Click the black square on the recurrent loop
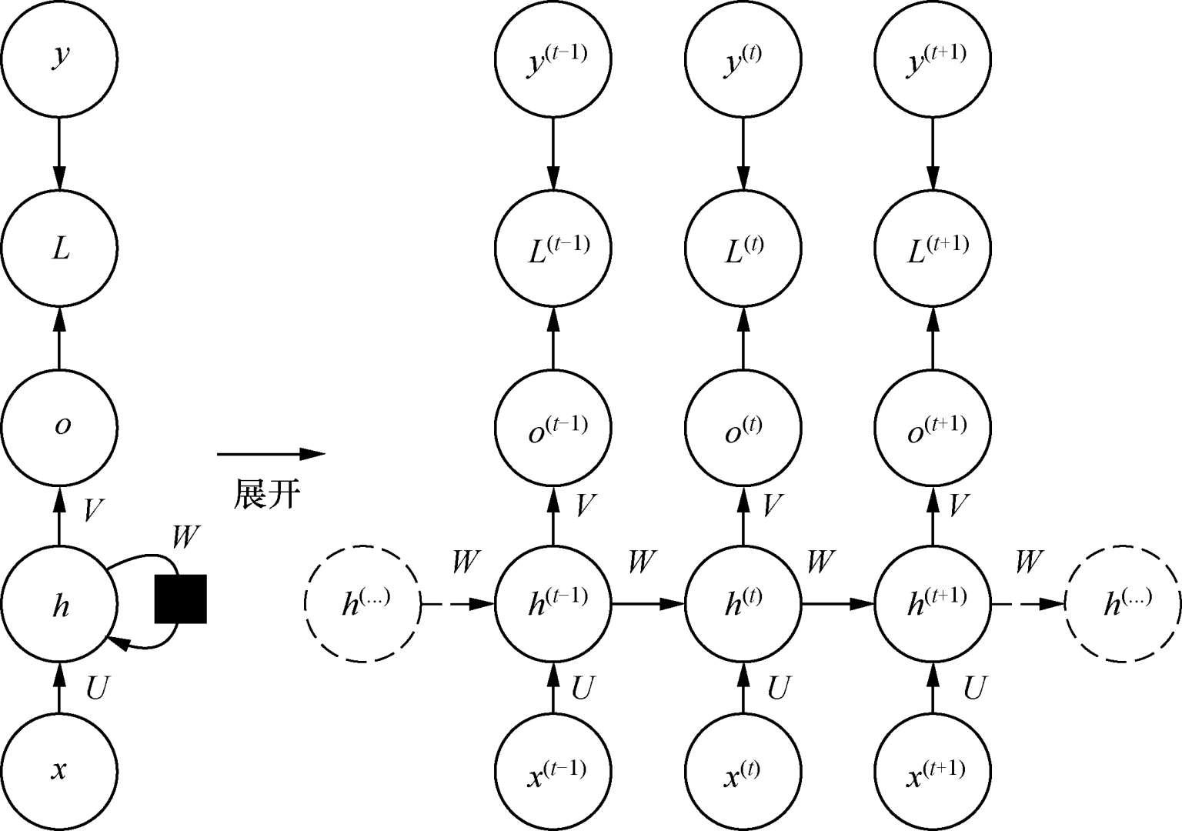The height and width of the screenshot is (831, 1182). (180, 599)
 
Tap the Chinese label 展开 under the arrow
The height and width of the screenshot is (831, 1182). (265, 494)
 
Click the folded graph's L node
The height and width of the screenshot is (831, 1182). (59, 248)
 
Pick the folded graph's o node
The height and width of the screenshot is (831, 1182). (59, 426)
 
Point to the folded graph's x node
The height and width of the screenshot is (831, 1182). (59, 771)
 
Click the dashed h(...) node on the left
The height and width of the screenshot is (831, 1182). (362, 604)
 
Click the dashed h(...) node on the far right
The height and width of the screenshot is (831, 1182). (1123, 604)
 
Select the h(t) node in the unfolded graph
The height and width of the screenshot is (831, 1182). (743, 604)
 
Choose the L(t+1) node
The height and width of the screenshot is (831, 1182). (933, 248)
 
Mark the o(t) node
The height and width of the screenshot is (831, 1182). (743, 426)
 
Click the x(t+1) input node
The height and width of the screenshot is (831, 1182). (933, 771)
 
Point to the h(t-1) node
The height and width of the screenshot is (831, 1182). (553, 604)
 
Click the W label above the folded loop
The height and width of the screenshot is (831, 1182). (185, 538)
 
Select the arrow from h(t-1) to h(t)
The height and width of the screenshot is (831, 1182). (647, 605)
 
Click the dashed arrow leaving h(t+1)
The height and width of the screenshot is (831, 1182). (1027, 605)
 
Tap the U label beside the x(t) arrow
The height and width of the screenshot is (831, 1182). (777, 688)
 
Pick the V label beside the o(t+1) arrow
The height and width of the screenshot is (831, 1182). (958, 506)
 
